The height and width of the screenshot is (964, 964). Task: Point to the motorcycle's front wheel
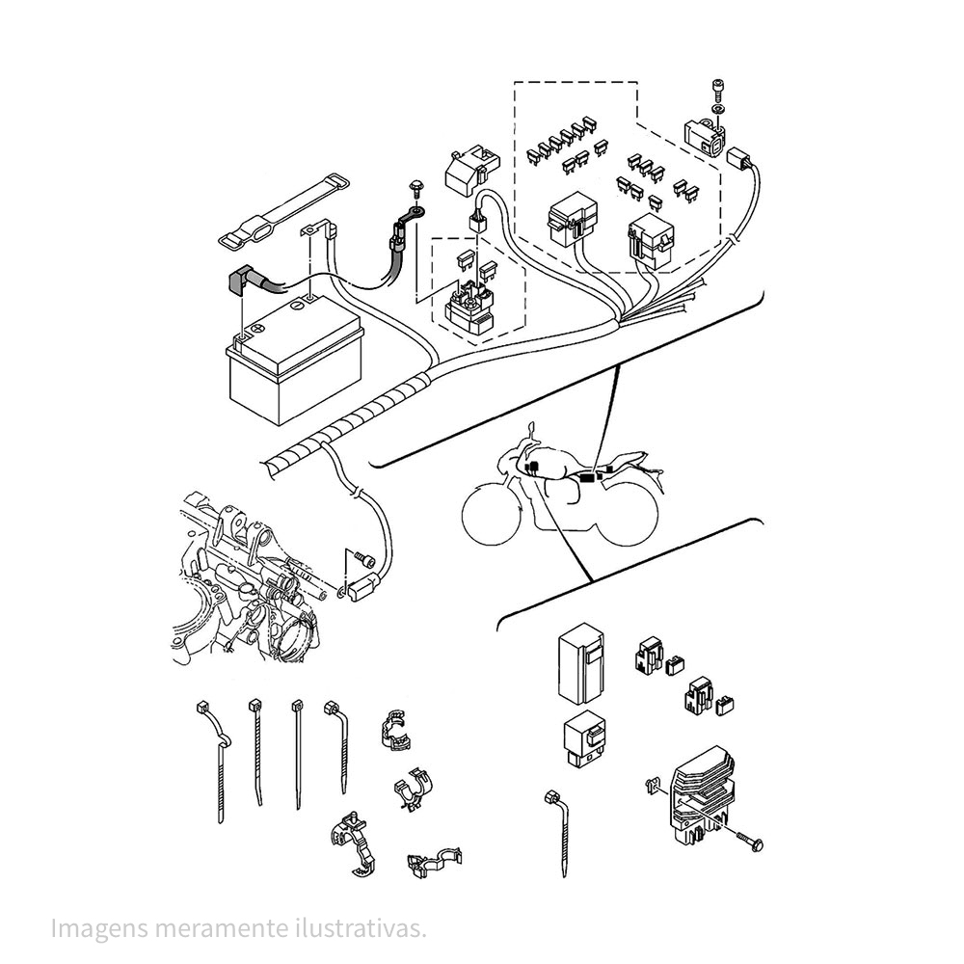click(x=494, y=511)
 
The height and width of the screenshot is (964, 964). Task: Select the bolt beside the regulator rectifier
click(x=750, y=842)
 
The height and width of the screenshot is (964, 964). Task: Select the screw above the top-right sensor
click(x=716, y=93)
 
